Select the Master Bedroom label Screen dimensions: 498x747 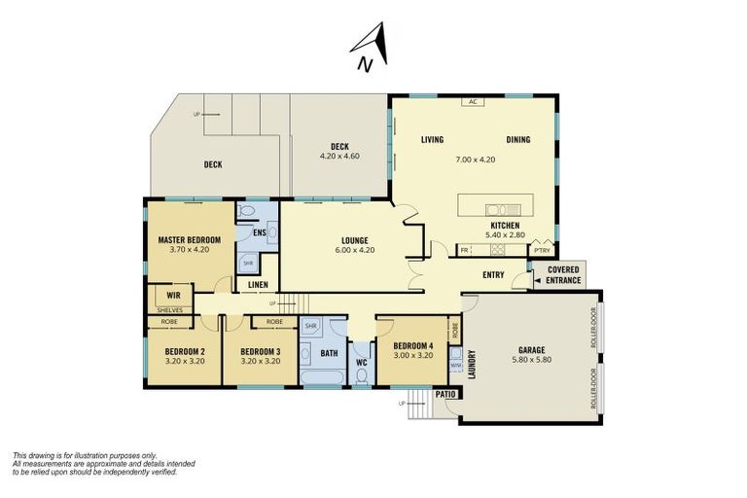(190, 239)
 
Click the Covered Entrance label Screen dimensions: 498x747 (563, 275)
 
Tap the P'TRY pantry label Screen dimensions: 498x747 (542, 250)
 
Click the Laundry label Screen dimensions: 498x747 (470, 365)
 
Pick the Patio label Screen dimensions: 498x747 (445, 394)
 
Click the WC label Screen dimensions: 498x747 (361, 363)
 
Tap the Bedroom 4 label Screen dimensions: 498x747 (412, 345)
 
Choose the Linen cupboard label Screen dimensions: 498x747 (258, 285)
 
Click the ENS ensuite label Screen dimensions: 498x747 (259, 233)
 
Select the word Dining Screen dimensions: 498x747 (517, 140)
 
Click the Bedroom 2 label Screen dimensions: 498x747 (184, 351)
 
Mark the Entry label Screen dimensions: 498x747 (493, 275)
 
